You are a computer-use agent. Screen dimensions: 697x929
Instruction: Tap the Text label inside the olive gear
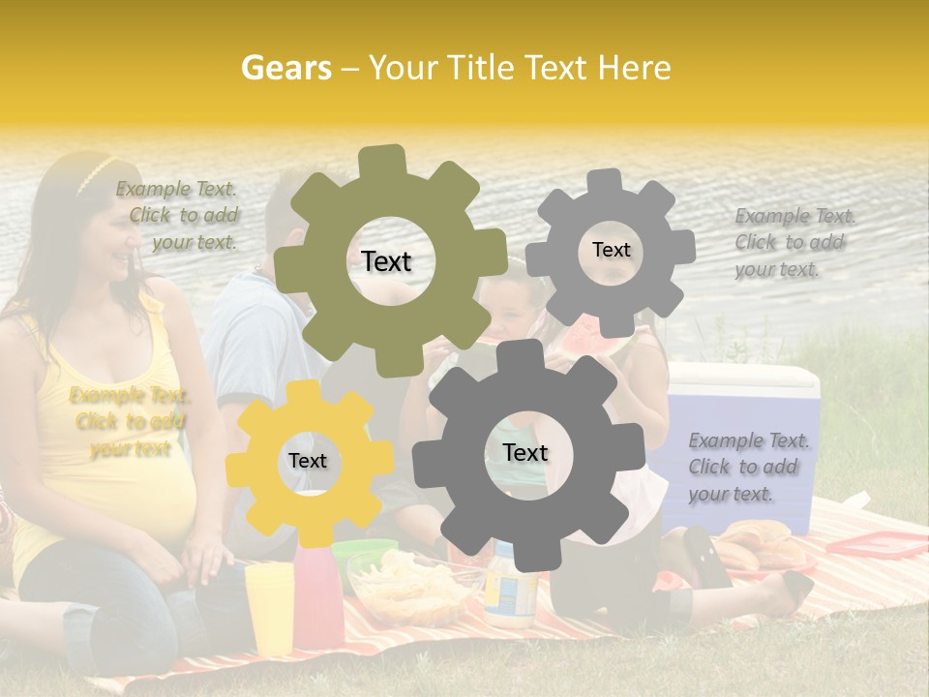point(386,261)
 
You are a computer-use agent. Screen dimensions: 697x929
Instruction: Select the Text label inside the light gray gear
point(611,250)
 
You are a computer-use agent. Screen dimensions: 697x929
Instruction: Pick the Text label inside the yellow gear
point(308,461)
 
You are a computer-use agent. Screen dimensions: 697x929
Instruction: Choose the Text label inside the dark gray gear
point(524,452)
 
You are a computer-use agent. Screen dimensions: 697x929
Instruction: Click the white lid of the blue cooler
point(745,377)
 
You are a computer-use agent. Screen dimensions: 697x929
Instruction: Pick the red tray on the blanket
point(875,546)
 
